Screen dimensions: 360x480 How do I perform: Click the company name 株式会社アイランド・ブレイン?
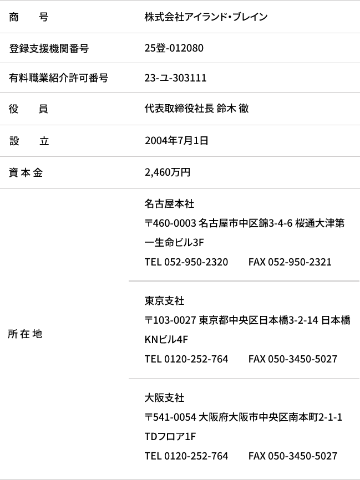pos(206,17)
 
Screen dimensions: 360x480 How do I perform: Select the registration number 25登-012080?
pos(174,48)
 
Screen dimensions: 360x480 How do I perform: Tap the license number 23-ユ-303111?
pos(175,78)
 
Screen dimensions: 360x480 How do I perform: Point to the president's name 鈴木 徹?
pos(232,109)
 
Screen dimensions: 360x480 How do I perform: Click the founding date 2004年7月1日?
pos(176,141)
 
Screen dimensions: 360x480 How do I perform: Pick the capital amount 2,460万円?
pos(168,172)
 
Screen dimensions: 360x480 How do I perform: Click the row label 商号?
pos(29,17)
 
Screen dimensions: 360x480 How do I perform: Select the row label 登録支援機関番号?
pos(49,48)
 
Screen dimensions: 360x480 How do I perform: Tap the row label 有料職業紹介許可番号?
pos(58,78)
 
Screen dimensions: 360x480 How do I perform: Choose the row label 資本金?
pos(26,172)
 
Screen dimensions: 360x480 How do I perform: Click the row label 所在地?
pos(25,334)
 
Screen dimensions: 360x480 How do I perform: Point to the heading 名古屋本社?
pos(169,204)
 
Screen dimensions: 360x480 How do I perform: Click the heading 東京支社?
pos(165,301)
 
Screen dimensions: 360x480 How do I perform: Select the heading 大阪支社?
pos(165,397)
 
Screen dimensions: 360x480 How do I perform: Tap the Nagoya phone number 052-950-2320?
pos(196,262)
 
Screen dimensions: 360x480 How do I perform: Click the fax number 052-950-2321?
pos(300,262)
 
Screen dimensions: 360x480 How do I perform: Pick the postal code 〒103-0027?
pos(170,320)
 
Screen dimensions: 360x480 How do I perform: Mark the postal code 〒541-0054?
pos(170,417)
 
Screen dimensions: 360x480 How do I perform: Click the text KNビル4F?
pos(166,339)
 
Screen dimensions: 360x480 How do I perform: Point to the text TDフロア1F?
pos(170,437)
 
